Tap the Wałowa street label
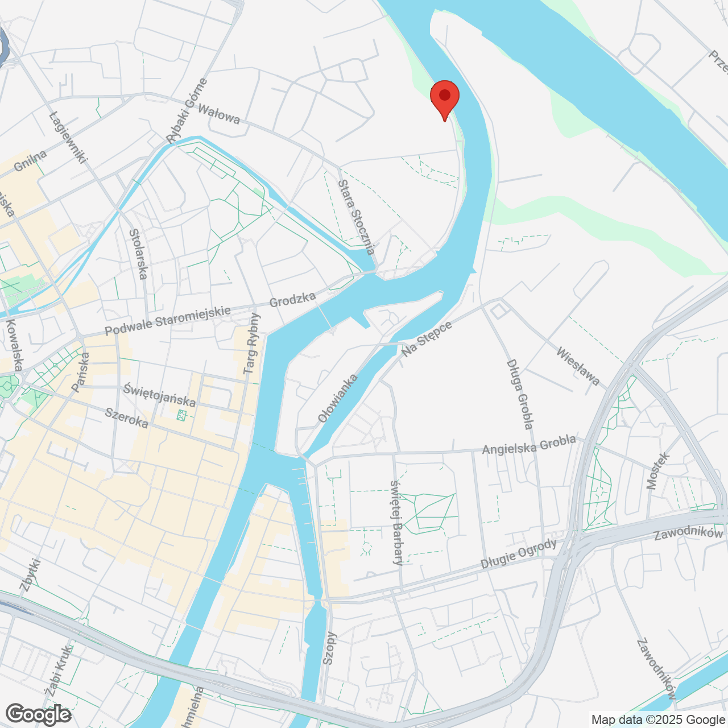click(x=219, y=114)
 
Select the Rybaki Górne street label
click(x=187, y=111)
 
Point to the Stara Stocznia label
click(x=357, y=217)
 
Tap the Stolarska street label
click(x=138, y=254)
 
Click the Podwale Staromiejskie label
click(x=168, y=320)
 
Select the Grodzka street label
click(x=292, y=300)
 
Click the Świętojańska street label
click(x=160, y=395)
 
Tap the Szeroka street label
click(x=127, y=418)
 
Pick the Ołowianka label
click(x=338, y=398)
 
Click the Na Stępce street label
click(x=427, y=339)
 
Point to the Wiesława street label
click(x=578, y=366)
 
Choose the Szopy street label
click(x=329, y=648)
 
